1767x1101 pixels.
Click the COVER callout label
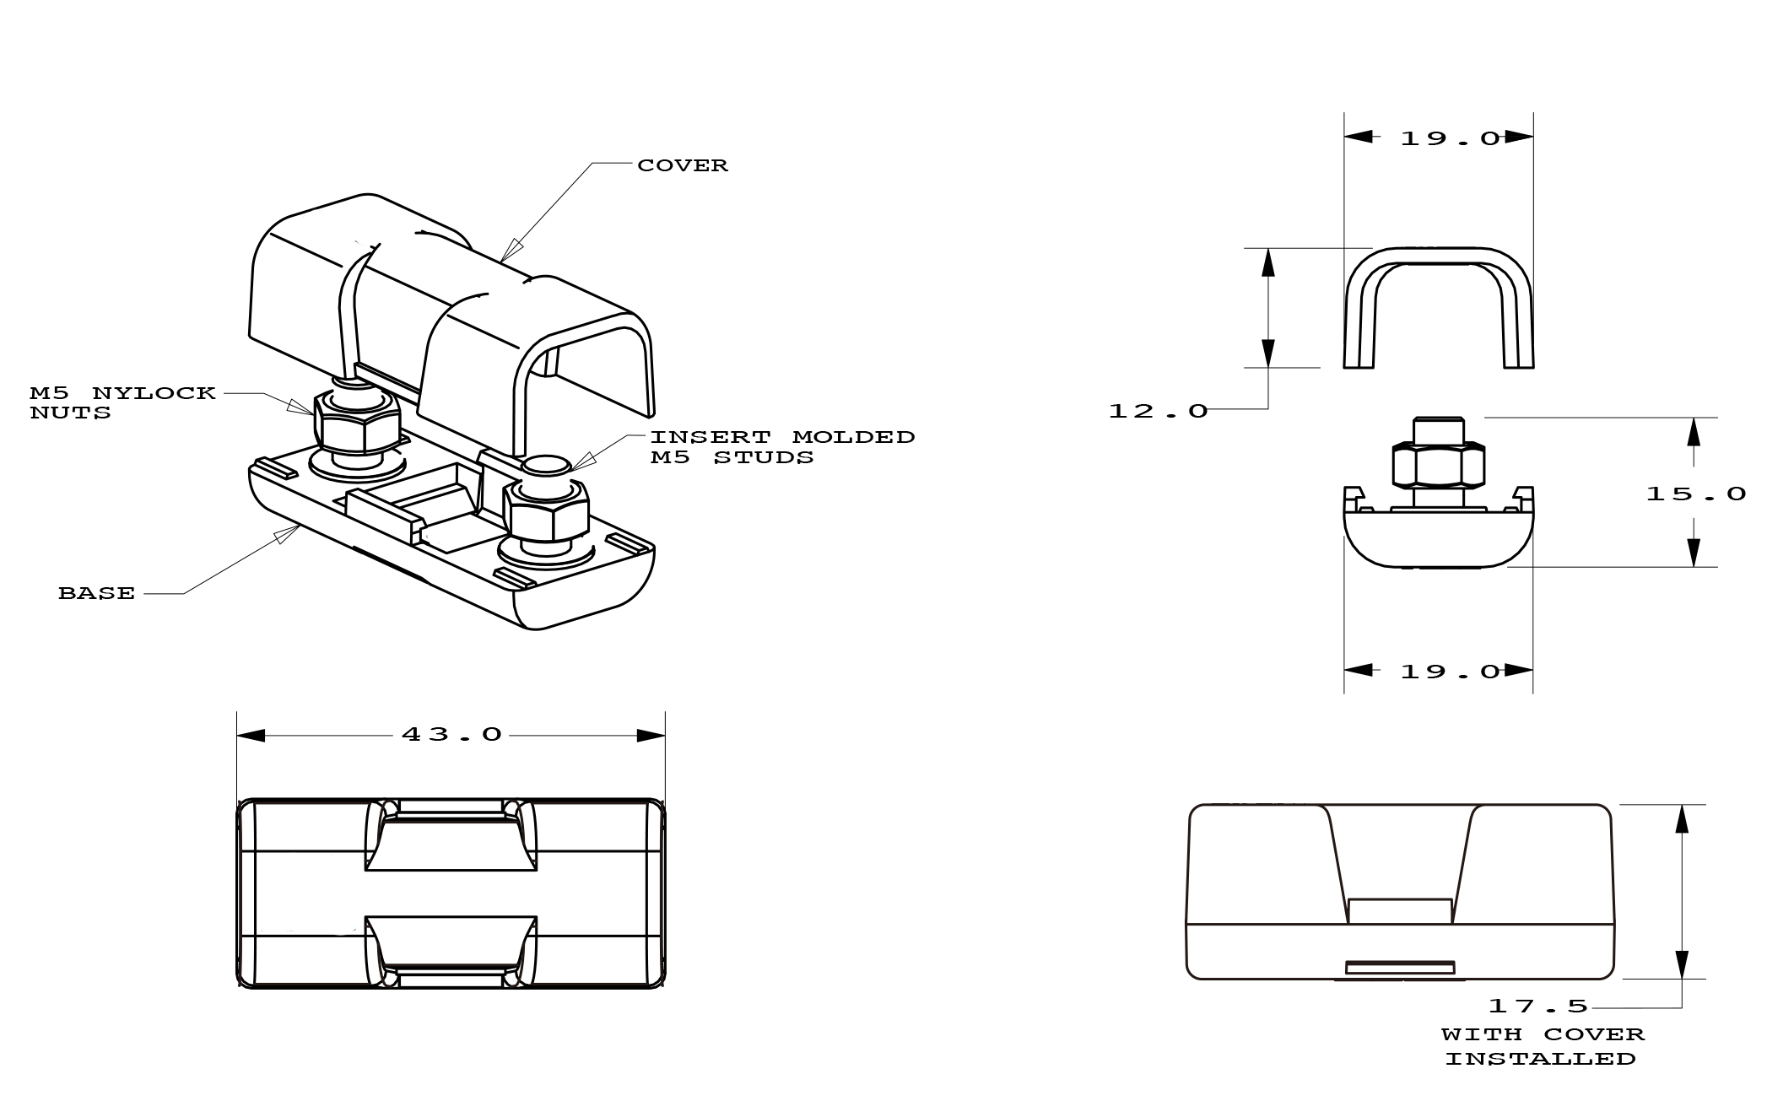tap(682, 165)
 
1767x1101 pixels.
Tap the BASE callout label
tap(96, 594)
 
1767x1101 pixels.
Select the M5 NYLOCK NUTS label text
tap(122, 403)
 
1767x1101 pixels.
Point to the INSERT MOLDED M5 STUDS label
tap(781, 447)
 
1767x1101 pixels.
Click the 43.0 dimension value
tap(452, 735)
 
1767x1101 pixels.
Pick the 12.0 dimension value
tap(1158, 411)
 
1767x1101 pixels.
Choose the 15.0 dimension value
tap(1695, 494)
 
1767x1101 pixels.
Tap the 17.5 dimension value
tap(1537, 1006)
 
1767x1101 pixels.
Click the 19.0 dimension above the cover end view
tap(1451, 138)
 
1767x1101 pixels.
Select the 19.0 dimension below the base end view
tap(1451, 672)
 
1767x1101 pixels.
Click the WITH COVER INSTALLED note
tap(1542, 1046)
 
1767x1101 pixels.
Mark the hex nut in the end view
tap(1438, 465)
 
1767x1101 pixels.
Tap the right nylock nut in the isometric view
tap(545, 511)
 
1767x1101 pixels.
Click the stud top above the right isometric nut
tap(546, 466)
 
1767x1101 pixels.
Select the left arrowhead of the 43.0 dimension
tap(251, 736)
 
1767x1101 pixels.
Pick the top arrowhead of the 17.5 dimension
tap(1682, 818)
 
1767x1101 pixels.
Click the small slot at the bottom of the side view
tap(1400, 968)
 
